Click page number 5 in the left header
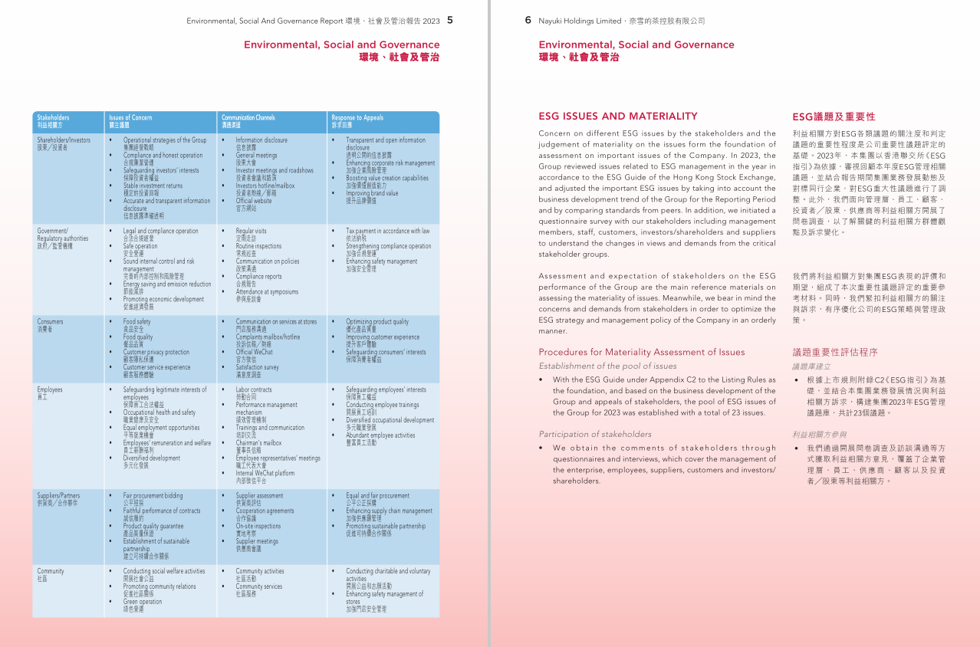(450, 21)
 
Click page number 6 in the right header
(528, 21)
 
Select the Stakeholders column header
(53, 118)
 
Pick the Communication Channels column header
(248, 118)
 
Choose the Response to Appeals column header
(357, 118)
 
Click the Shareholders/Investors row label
(64, 140)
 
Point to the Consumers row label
(51, 322)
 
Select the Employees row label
(50, 390)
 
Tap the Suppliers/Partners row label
(58, 496)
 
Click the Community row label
(51, 571)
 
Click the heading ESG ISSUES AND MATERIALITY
(617, 117)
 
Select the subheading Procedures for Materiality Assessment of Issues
(641, 353)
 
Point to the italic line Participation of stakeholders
(594, 434)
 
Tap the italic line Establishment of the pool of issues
(607, 366)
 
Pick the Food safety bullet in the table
(137, 322)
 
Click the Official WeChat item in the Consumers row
(254, 352)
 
